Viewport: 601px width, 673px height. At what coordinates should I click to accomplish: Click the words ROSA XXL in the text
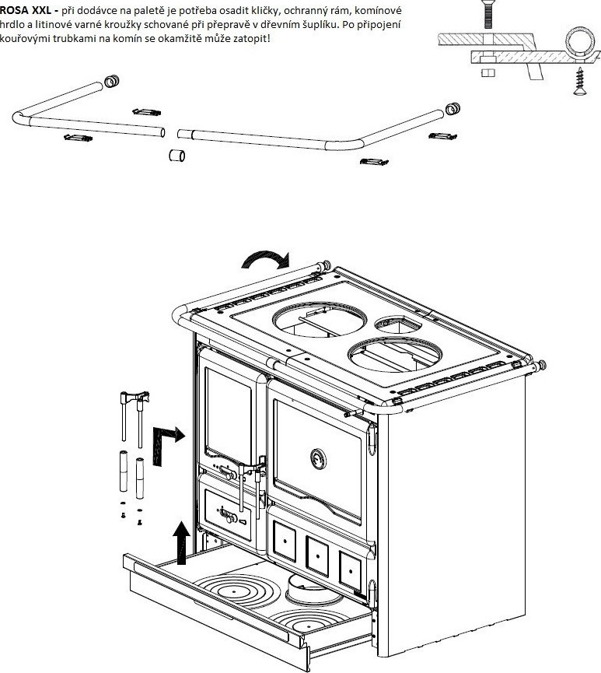click(x=26, y=9)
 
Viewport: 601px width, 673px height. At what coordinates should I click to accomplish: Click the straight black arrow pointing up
click(x=181, y=542)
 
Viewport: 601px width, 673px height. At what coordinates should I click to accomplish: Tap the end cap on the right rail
click(x=452, y=107)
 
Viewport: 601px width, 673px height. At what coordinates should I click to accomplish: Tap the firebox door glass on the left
click(x=229, y=413)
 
